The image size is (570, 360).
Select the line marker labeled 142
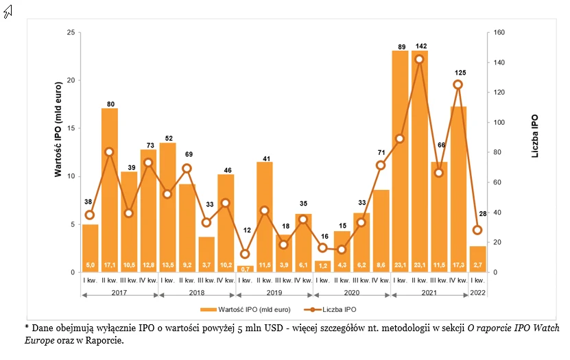tap(420, 59)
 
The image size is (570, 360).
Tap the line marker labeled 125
tap(458, 84)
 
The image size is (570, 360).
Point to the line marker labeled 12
tap(245, 254)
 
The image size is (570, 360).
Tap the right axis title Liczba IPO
tap(534, 137)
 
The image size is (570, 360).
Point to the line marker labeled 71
tap(381, 165)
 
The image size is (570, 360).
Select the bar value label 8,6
tap(381, 265)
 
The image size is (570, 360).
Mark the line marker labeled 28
tap(477, 230)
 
